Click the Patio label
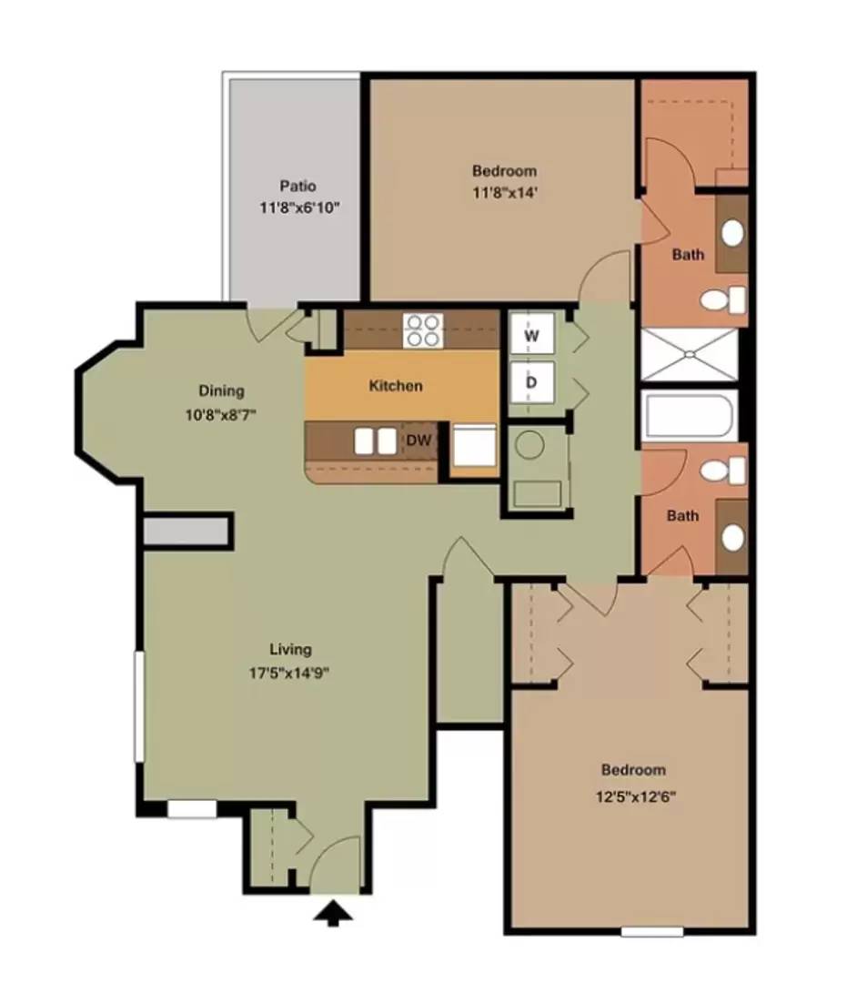coord(297,187)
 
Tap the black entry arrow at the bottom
coord(333,913)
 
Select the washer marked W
coord(531,334)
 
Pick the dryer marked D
coord(531,381)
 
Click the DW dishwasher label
coord(418,441)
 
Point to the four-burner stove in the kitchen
coord(423,330)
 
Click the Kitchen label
coord(396,386)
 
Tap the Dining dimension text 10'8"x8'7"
coord(220,414)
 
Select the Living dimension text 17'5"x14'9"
coord(289,674)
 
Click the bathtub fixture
coord(690,414)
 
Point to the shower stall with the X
coord(690,354)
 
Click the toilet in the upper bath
coord(723,299)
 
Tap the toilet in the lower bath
coord(723,471)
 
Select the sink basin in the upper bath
coord(732,233)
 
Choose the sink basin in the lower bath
coord(732,538)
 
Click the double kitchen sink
coord(375,441)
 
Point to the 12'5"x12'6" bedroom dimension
coord(635,797)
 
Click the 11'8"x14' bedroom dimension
coord(505,192)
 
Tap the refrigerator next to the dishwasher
coord(474,444)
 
